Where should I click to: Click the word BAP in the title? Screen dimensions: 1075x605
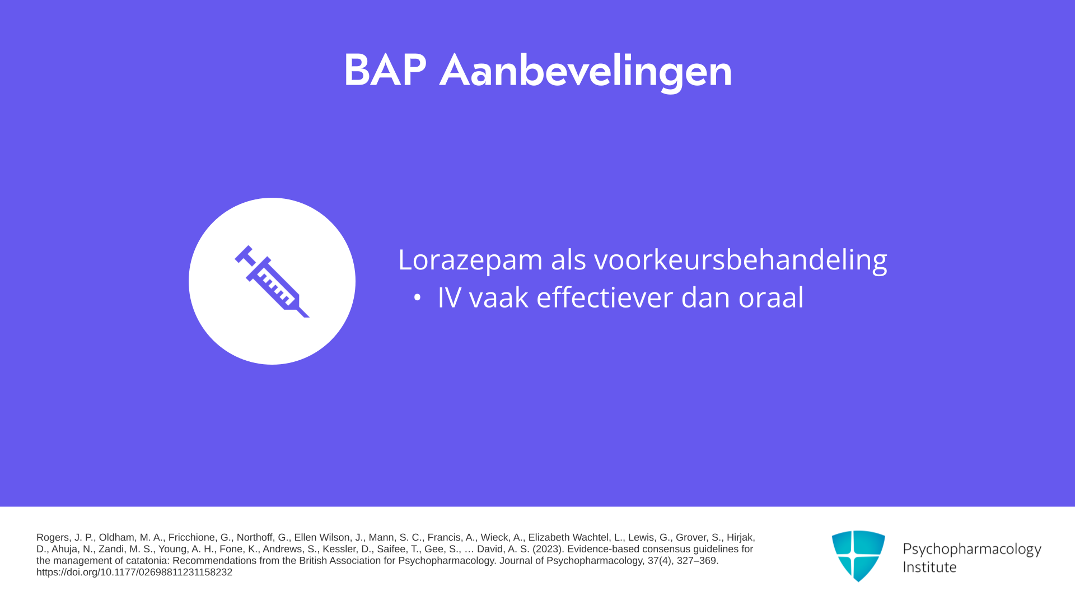[385, 71]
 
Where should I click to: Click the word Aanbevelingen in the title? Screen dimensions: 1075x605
[586, 72]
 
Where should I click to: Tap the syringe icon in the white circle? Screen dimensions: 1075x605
[272, 281]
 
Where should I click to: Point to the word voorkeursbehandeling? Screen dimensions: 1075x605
[741, 260]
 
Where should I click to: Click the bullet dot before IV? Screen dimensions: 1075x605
[417, 298]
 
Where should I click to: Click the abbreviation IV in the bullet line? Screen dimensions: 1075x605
[449, 297]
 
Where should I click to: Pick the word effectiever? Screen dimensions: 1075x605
[605, 297]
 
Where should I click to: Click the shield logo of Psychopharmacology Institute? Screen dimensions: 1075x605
[858, 555]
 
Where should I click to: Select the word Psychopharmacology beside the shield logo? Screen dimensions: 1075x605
[972, 550]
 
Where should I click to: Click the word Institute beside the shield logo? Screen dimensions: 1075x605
[929, 567]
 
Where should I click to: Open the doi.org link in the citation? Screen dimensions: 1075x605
[134, 573]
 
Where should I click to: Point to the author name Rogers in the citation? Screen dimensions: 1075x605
[54, 538]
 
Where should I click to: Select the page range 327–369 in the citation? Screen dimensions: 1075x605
[698, 561]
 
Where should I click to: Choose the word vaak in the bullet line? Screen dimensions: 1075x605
[498, 297]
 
